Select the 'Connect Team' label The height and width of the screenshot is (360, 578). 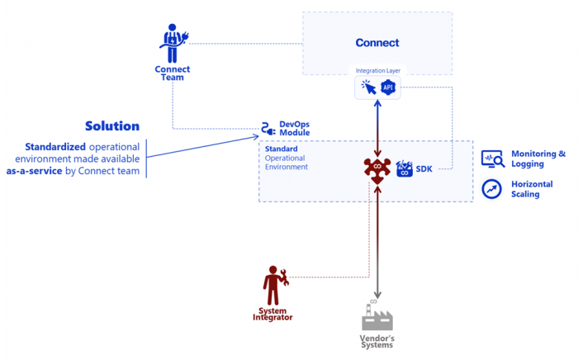tap(172, 73)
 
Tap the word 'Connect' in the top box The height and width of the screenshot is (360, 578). tap(377, 43)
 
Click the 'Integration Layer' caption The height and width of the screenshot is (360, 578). tap(377, 72)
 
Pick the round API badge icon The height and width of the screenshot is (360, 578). tap(388, 88)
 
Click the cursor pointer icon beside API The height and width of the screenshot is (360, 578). tap(367, 88)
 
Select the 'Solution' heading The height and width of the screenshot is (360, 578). tap(112, 126)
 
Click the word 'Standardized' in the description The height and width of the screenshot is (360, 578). tap(54, 146)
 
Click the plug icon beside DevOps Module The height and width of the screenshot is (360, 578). tap(268, 128)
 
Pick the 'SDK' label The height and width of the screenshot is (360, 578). tap(424, 168)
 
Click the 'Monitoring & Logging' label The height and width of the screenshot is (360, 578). tap(538, 159)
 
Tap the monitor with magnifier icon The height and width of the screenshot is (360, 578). tap(493, 159)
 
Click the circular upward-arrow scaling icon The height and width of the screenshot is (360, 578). tap(492, 189)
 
